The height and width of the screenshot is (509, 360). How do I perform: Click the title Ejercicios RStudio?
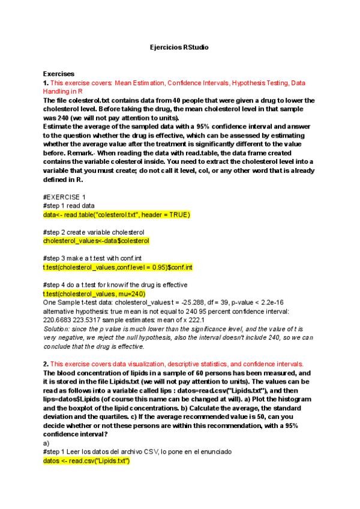pyautogui.click(x=179, y=47)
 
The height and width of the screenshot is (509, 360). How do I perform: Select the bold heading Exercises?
pyautogui.click(x=59, y=74)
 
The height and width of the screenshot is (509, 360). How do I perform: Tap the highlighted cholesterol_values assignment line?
pyautogui.click(x=96, y=240)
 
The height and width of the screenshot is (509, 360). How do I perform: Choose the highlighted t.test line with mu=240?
pyautogui.click(x=94, y=294)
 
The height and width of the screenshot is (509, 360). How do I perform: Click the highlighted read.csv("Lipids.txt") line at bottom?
pyautogui.click(x=86, y=460)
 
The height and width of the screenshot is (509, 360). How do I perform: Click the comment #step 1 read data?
pyautogui.click(x=68, y=205)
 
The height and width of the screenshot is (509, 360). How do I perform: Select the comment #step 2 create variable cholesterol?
pyautogui.click(x=94, y=232)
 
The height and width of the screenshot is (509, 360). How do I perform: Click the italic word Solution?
pyautogui.click(x=57, y=329)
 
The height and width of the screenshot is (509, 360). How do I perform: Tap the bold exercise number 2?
pyautogui.click(x=46, y=364)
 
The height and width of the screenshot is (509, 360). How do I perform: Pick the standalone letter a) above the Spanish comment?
pyautogui.click(x=46, y=443)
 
